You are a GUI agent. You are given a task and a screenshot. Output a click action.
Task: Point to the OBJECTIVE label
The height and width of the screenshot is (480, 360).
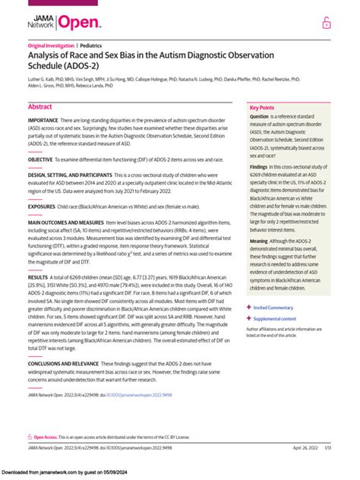tap(41, 160)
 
